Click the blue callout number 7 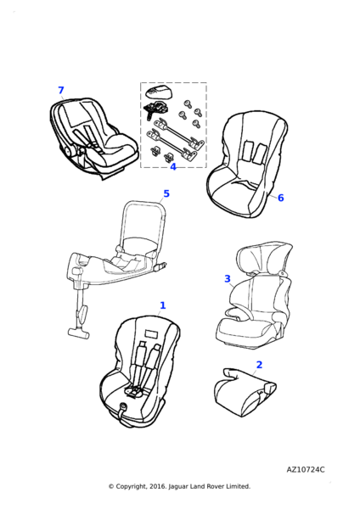click(61, 90)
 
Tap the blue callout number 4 click(173, 167)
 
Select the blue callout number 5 click(166, 193)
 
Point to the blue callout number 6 click(281, 198)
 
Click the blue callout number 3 click(228, 279)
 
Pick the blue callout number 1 click(163, 305)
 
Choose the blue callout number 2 click(259, 365)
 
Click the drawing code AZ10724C click(306, 470)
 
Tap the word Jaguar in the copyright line click(178, 487)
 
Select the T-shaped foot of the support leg click(78, 333)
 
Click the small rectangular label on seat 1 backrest click(151, 333)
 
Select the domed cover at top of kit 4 click(160, 92)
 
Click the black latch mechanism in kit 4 click(155, 109)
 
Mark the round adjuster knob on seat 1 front click(123, 406)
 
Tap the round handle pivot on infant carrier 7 click(68, 151)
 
